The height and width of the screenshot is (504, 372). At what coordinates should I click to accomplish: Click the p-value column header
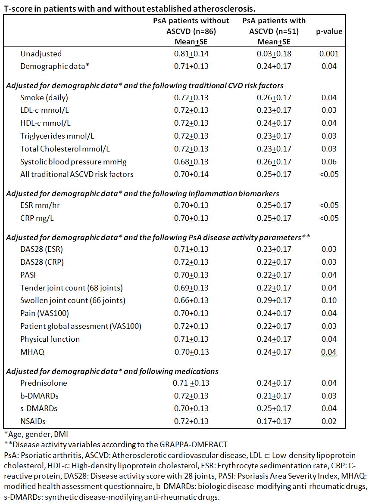click(x=329, y=31)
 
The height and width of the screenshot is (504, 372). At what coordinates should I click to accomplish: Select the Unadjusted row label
click(x=41, y=54)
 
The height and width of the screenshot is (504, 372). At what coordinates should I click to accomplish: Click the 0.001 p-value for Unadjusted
click(x=329, y=54)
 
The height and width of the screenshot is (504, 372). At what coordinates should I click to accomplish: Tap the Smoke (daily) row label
click(x=44, y=98)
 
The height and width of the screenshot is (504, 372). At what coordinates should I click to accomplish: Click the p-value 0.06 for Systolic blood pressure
click(x=329, y=162)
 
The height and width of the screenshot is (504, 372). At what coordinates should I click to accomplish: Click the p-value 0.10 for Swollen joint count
click(x=329, y=300)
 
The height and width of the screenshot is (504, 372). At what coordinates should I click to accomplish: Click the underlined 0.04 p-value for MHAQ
click(x=329, y=352)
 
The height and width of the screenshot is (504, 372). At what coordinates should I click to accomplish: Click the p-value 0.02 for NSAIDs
click(x=329, y=421)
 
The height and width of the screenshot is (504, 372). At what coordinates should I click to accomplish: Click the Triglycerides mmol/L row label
click(x=57, y=136)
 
